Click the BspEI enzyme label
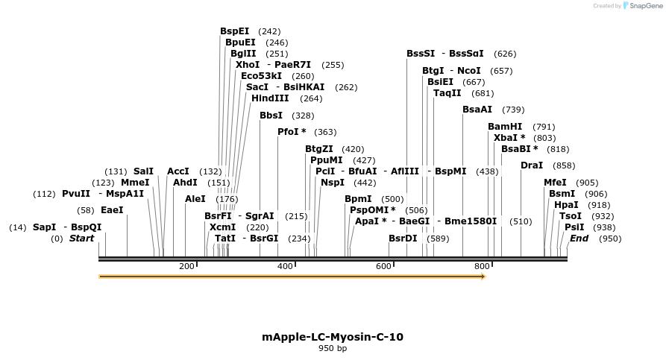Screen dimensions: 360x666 234,31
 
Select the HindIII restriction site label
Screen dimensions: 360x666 270,98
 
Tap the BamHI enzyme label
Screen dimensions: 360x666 505,127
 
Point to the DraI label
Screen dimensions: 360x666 531,165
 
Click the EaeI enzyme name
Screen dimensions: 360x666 112,210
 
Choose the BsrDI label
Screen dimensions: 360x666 403,239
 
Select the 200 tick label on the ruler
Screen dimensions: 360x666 186,266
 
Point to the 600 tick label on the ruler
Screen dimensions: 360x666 383,266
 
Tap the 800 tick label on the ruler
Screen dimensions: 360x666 481,266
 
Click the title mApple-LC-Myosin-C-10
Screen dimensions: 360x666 333,337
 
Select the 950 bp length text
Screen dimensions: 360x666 333,348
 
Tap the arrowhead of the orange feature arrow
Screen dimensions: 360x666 483,277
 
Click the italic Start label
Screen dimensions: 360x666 82,239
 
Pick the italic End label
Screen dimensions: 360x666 579,239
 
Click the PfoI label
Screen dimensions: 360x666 289,132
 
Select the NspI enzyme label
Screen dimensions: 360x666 333,183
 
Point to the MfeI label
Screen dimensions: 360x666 555,183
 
